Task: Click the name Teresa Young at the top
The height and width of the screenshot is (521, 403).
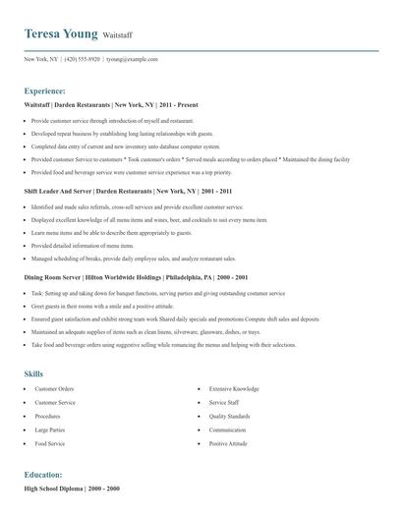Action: click(x=61, y=34)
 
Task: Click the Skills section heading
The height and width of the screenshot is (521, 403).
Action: click(x=33, y=375)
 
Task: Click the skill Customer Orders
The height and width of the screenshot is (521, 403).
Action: click(x=54, y=388)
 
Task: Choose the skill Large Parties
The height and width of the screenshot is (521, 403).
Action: click(x=50, y=430)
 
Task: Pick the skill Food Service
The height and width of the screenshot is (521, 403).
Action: click(x=50, y=443)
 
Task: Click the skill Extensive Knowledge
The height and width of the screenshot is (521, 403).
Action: click(x=234, y=388)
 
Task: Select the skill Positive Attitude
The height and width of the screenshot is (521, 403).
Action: click(x=229, y=443)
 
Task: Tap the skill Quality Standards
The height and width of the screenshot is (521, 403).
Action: click(x=230, y=416)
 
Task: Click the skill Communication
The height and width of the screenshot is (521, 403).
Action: click(x=227, y=430)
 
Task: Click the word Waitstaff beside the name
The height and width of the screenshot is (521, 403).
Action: click(x=119, y=36)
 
